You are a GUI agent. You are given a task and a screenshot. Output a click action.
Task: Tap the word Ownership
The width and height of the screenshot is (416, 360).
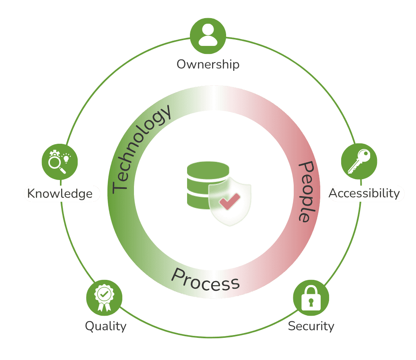208,64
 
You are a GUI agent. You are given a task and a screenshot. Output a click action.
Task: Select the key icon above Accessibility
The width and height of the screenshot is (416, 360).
359,161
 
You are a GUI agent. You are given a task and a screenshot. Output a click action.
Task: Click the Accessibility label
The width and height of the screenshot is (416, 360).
365,193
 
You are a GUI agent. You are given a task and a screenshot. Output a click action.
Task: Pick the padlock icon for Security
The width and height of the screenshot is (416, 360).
311,298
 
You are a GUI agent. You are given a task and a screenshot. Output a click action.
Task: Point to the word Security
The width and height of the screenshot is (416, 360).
311,326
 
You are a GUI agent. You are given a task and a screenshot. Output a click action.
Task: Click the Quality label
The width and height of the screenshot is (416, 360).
105,326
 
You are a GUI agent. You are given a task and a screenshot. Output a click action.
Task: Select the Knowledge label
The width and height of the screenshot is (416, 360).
60,194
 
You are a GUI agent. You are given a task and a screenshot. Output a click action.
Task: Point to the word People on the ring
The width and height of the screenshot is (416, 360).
307,191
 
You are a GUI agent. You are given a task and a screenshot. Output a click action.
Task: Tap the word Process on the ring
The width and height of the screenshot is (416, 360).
206,279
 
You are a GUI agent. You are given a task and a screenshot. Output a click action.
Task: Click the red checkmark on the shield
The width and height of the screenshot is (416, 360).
230,201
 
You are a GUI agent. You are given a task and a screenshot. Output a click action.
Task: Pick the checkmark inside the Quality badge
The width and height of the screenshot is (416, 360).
104,294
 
